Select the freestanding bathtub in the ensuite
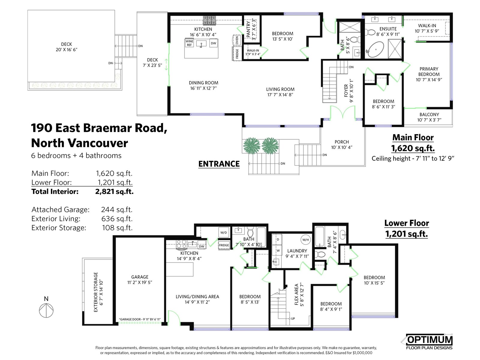376,49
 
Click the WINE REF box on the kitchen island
189,43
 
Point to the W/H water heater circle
305,240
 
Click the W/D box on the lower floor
223,232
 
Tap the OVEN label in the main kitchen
237,40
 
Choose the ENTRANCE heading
219,164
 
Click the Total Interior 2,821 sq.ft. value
114,191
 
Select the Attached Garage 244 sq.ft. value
117,210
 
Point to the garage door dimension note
140,319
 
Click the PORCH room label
342,142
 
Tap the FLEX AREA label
296,294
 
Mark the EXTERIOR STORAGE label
96,292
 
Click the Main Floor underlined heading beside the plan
413,138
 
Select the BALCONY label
429,115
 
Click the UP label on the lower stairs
293,319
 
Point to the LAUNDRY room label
297,251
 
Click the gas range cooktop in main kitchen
209,20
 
